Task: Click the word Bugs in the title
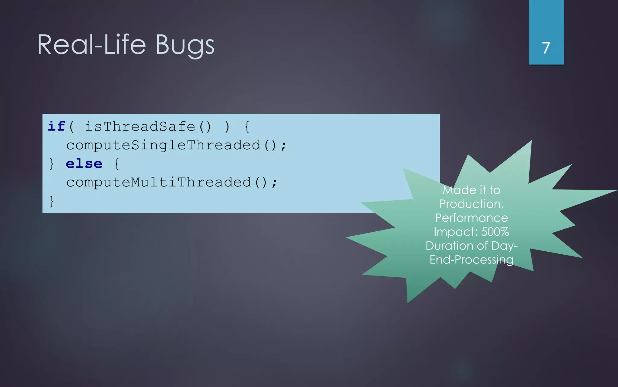185,45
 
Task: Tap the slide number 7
546,48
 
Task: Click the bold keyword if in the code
56,126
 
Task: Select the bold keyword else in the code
84,164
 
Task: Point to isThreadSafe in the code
140,127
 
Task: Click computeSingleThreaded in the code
163,145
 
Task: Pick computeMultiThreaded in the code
159,182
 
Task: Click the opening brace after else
117,164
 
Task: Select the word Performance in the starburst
471,218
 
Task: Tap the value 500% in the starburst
495,232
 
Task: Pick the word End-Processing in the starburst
471,260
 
